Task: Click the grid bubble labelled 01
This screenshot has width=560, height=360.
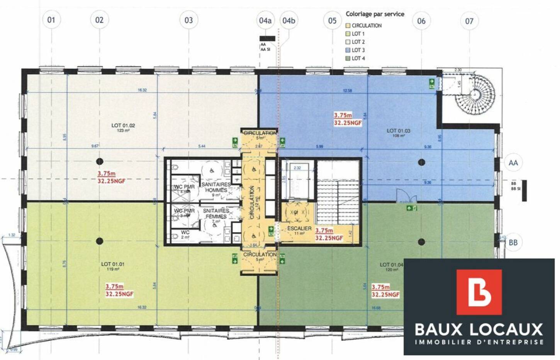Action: click(51, 20)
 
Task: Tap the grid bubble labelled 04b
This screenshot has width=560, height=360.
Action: click(288, 20)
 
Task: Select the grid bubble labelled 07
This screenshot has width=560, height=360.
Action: click(469, 21)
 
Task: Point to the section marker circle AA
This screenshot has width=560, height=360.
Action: click(513, 163)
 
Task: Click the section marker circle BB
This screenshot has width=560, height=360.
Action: click(513, 242)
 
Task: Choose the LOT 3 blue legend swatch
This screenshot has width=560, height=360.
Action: click(348, 50)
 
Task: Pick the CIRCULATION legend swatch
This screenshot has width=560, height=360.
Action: click(348, 25)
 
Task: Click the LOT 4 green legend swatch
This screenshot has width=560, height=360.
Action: click(348, 58)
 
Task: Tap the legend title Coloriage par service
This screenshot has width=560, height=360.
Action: click(375, 14)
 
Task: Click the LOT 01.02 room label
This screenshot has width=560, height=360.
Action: click(123, 126)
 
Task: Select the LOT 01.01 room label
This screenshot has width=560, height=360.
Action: click(113, 264)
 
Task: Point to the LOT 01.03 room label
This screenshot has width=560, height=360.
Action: click(398, 131)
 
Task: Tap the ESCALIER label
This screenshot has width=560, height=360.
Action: click(299, 228)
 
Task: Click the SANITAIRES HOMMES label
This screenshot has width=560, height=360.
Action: click(216, 187)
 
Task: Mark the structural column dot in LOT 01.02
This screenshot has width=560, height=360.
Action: click(100, 161)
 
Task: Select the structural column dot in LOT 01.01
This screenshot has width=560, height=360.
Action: click(100, 241)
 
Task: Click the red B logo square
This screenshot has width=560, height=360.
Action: click(479, 292)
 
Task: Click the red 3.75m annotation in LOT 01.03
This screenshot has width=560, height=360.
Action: click(343, 115)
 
